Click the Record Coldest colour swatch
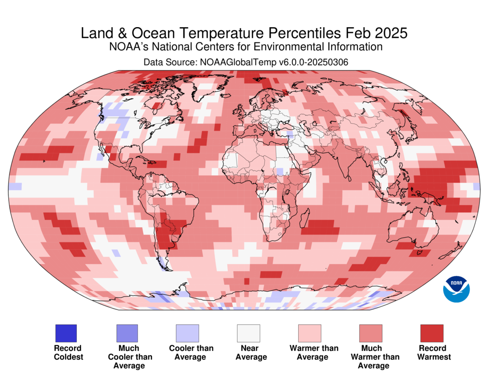pyautogui.click(x=66, y=333)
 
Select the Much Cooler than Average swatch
pyautogui.click(x=127, y=333)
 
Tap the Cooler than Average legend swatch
pyautogui.click(x=187, y=333)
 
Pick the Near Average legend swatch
pyautogui.click(x=248, y=333)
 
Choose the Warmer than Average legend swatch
pyautogui.click(x=310, y=333)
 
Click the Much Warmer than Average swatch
pyautogui.click(x=371, y=333)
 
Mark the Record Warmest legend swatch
pyautogui.click(x=431, y=333)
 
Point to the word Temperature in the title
pyautogui.click(x=223, y=34)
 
